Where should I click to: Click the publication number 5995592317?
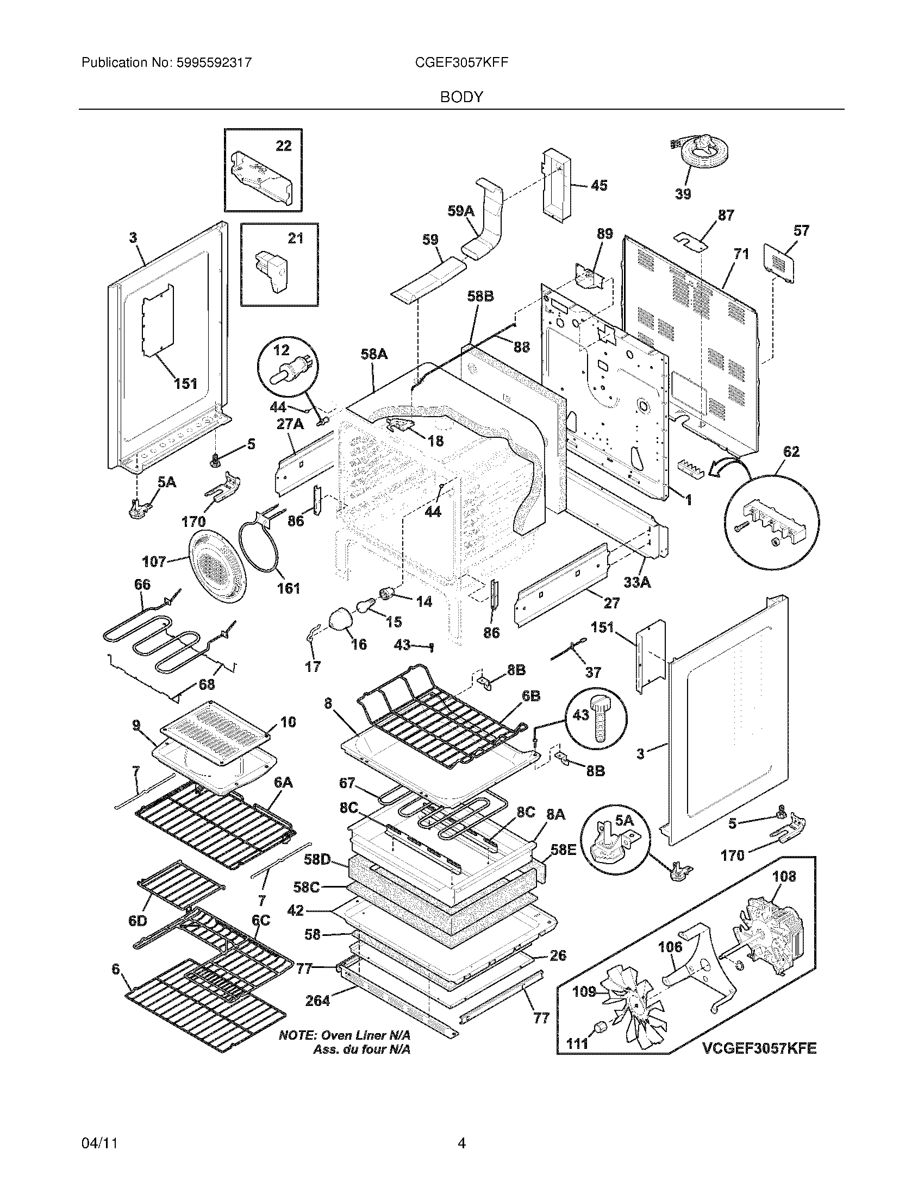point(214,62)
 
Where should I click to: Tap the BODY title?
point(461,97)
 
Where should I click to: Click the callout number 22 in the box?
point(284,146)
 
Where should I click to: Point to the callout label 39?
point(683,194)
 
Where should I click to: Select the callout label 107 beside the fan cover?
point(154,562)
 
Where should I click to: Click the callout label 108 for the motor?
point(784,877)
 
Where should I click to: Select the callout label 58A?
point(374,354)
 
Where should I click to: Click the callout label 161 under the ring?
point(289,588)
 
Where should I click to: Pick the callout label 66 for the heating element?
point(142,584)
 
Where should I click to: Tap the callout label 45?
point(599,185)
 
